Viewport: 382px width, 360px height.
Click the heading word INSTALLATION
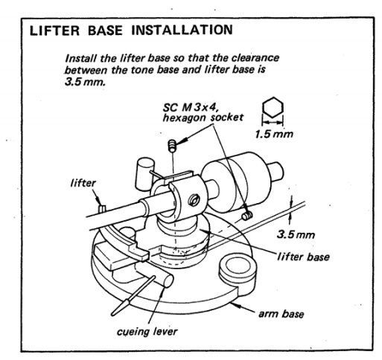coord(182,30)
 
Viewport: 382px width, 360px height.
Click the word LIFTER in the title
coord(54,30)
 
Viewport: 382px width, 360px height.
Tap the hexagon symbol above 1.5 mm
coord(273,107)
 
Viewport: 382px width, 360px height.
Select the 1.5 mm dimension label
coord(274,134)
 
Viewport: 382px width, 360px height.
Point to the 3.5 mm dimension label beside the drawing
coord(296,234)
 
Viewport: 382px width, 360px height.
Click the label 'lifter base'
coord(303,257)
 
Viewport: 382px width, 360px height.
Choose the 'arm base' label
coord(281,314)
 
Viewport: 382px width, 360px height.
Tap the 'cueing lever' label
coord(147,332)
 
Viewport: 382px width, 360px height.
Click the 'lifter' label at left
coord(83,183)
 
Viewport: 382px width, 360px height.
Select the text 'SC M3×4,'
coord(191,107)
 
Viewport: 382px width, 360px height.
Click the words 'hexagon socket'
coord(203,118)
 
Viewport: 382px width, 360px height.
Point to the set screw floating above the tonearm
coord(172,146)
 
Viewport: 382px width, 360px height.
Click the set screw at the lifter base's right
coord(247,216)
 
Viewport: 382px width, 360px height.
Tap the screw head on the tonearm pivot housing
coord(194,199)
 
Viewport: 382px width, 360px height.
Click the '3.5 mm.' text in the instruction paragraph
coord(85,82)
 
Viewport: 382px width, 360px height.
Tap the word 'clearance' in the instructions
coord(255,58)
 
